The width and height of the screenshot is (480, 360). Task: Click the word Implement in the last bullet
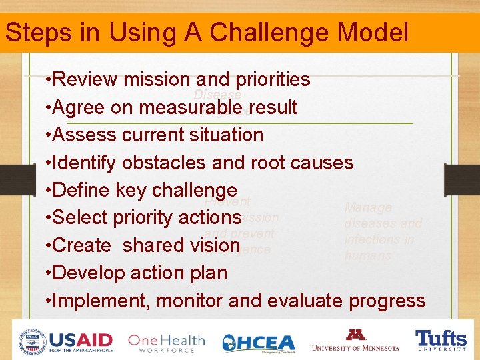100,301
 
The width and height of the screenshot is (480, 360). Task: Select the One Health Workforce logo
166,342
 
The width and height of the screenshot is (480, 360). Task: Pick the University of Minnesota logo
355,340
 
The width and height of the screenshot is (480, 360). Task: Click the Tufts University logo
441,340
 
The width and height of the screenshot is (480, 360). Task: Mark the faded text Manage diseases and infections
383,231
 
